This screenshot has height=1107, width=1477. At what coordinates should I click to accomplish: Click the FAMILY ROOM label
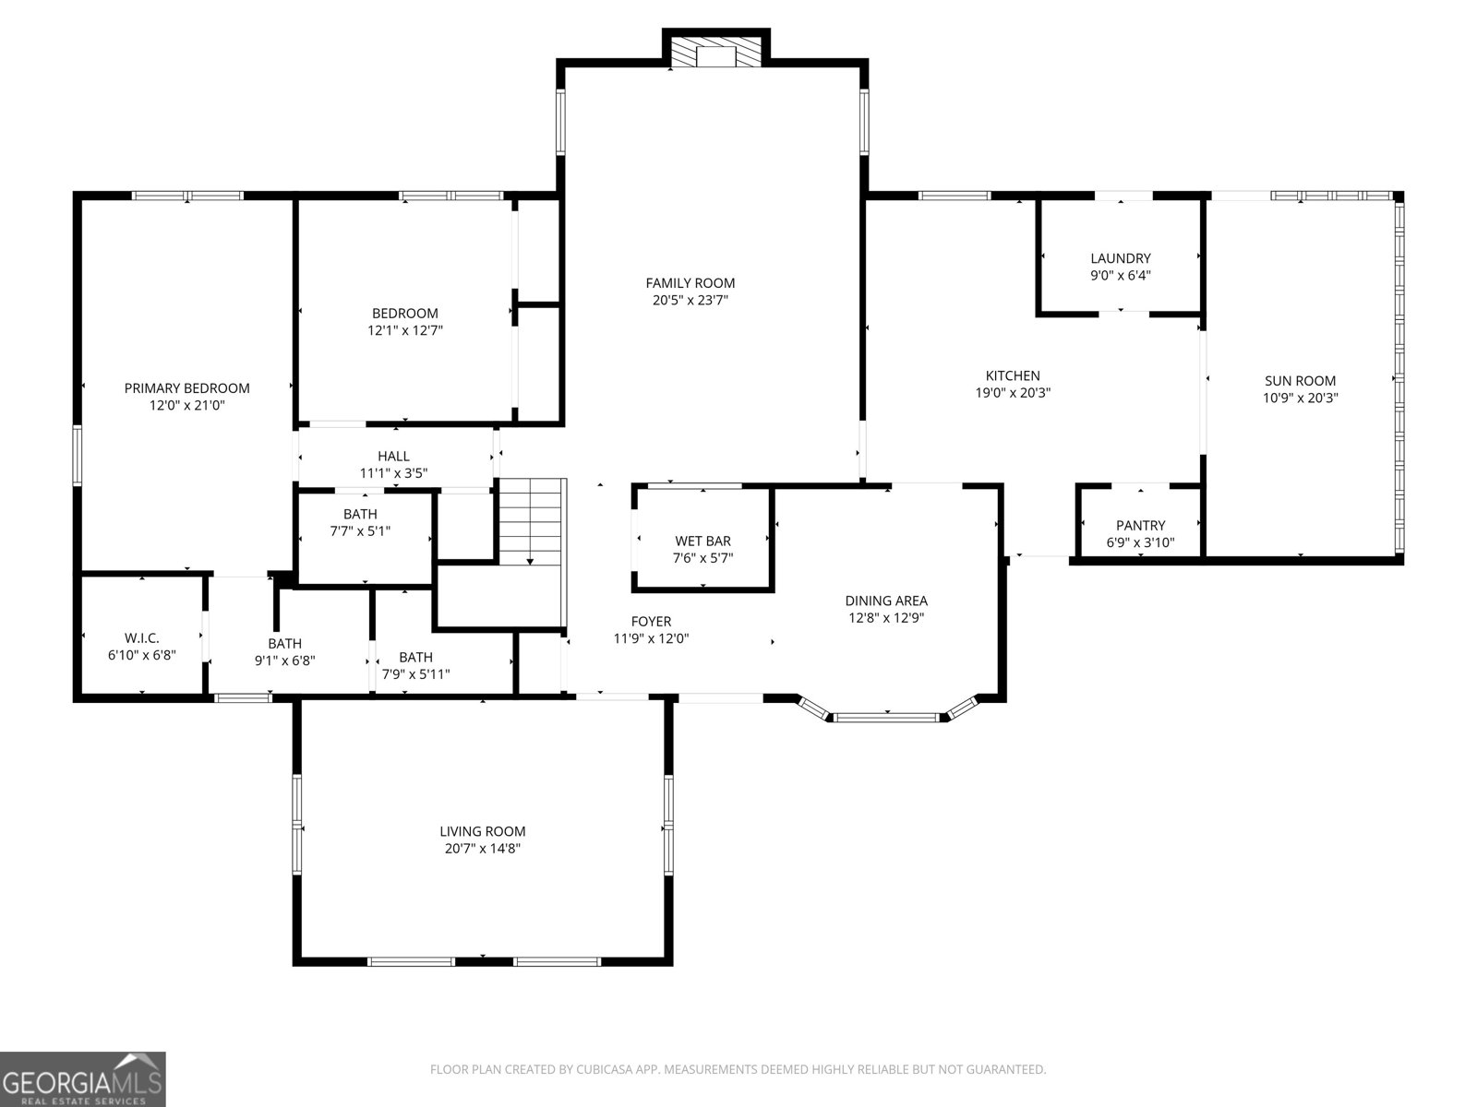(x=690, y=283)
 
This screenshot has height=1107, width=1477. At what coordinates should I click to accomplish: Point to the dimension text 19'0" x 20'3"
(x=1013, y=392)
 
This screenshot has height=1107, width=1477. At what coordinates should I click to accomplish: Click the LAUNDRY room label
(x=1120, y=258)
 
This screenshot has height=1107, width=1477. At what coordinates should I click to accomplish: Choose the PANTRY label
(x=1140, y=525)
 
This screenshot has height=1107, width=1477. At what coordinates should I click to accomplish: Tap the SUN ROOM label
(x=1300, y=380)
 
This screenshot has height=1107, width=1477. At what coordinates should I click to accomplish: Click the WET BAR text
(x=702, y=541)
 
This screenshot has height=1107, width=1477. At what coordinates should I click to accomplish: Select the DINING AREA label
(x=886, y=601)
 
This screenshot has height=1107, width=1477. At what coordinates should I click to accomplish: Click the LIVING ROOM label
(x=482, y=831)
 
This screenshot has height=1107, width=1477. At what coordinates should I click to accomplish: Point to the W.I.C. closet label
(x=141, y=637)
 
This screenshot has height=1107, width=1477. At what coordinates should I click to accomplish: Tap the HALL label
(x=393, y=456)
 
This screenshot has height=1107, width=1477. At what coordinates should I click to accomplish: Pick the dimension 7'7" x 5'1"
(x=360, y=531)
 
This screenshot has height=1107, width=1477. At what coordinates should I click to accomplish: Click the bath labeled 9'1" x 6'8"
(x=284, y=643)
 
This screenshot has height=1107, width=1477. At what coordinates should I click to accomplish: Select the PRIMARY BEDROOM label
(x=186, y=388)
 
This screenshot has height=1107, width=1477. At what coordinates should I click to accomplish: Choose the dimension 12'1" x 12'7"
(x=405, y=330)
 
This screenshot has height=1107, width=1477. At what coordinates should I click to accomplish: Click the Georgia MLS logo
(x=83, y=1079)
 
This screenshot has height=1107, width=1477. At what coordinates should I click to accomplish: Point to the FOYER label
(x=651, y=621)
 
